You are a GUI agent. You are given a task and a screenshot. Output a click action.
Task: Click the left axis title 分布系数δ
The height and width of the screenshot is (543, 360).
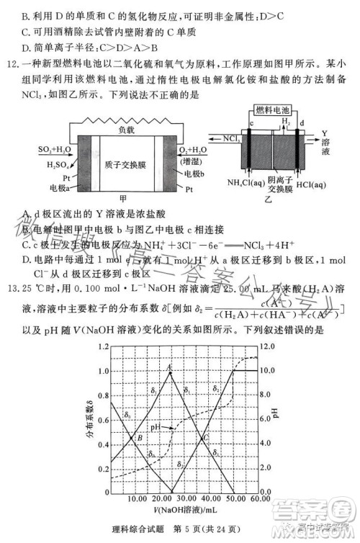coord(89,423)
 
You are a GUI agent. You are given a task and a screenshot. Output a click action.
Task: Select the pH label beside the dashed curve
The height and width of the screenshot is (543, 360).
coord(156,428)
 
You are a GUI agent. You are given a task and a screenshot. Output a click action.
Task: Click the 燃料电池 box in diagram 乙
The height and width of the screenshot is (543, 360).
coord(274,109)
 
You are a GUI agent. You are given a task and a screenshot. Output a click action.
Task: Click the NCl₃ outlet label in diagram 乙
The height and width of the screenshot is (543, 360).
coord(232,135)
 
